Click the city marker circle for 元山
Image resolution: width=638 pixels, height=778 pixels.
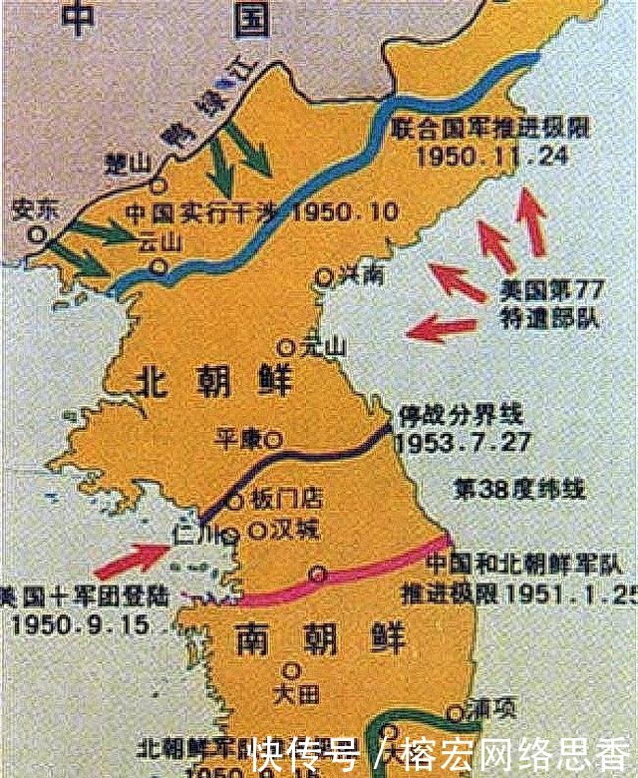coord(286,348)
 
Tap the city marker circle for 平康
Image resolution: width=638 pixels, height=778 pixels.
coord(274,437)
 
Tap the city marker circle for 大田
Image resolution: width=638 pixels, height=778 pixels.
coord(291,670)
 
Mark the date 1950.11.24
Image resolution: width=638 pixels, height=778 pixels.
coord(480,157)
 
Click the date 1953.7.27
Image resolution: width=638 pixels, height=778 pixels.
coord(463,441)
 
